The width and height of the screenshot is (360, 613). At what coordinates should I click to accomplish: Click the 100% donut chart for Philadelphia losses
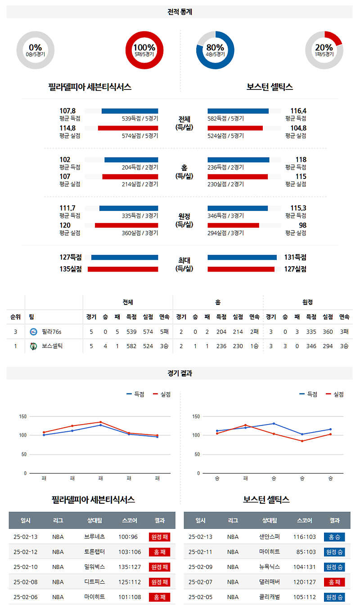pos(144,50)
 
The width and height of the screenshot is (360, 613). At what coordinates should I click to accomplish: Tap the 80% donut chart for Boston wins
pos(215,50)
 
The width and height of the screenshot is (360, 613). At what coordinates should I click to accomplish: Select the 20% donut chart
pos(324,50)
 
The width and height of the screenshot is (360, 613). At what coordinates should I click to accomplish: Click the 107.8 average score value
pos(67,111)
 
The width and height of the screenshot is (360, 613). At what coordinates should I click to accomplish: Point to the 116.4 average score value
pos(298,111)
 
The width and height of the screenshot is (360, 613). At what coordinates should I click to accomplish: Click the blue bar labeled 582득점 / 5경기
pos(238,111)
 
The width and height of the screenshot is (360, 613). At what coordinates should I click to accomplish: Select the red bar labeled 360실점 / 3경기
pos(126,225)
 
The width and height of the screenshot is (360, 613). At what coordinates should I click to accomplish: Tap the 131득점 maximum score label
pos(295,257)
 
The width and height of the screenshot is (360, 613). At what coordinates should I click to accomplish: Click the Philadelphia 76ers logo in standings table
pos(33,331)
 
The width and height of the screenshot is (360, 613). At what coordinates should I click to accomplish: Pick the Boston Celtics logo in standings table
pos(33,346)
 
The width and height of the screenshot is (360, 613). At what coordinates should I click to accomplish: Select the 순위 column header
pos(16,317)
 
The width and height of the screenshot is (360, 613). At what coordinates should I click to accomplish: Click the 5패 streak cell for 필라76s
pos(164,331)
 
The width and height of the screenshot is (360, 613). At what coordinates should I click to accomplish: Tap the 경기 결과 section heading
pos(180,373)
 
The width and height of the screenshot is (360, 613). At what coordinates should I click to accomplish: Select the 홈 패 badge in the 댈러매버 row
pos(334,582)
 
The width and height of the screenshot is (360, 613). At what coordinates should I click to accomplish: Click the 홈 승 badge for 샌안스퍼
pos(334,537)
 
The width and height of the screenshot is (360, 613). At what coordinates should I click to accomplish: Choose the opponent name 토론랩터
pos(94,552)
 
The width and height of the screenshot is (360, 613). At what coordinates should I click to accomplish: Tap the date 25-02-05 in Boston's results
pos(200,597)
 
